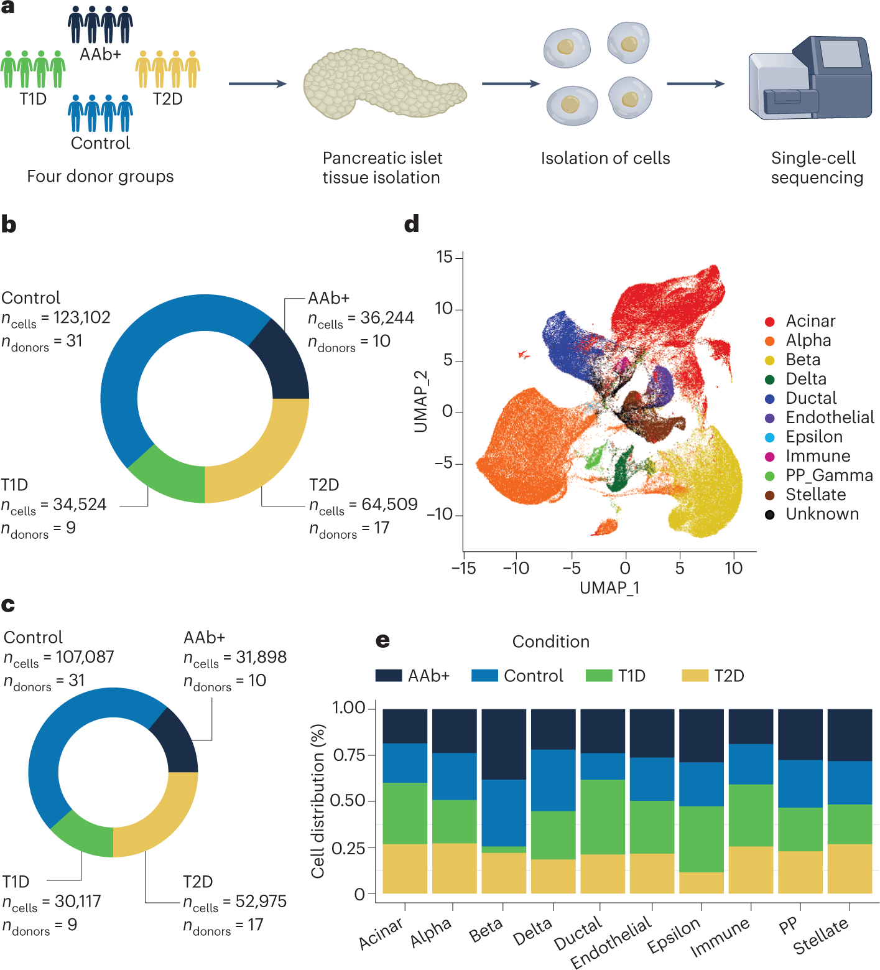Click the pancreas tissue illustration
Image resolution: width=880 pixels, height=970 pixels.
click(x=382, y=83)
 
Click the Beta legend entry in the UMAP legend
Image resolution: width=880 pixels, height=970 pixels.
click(x=802, y=360)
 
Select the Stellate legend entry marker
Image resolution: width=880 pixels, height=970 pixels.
click(x=770, y=495)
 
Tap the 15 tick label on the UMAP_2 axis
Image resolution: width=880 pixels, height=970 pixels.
click(x=444, y=257)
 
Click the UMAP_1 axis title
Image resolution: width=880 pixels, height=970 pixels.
click(x=609, y=587)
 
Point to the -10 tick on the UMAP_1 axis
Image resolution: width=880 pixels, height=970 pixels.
click(x=516, y=568)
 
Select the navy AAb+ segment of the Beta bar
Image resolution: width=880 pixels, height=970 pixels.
click(x=504, y=744)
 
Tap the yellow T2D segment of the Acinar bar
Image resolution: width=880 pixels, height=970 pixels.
click(x=405, y=869)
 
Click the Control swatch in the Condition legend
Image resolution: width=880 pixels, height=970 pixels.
click(x=484, y=676)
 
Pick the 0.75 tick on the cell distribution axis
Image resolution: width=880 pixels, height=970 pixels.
click(x=349, y=755)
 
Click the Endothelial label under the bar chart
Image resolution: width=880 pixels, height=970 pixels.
click(x=611, y=942)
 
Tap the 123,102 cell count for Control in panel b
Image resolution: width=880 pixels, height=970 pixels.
click(x=81, y=317)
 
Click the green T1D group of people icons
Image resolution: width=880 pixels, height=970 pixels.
click(x=33, y=69)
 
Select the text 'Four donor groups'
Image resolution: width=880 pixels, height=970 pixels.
click(x=100, y=177)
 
